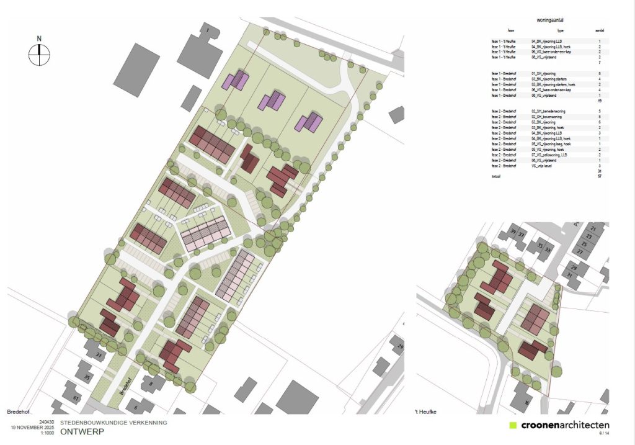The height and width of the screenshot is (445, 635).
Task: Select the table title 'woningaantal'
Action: [x=549, y=20]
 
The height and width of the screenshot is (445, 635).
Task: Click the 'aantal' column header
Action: [x=600, y=30]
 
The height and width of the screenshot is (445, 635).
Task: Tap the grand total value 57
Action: [x=600, y=176]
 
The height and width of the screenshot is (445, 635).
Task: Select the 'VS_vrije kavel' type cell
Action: [x=544, y=166]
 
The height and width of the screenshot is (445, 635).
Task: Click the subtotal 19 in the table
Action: [x=600, y=101]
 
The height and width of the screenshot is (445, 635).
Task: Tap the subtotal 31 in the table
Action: [x=600, y=171]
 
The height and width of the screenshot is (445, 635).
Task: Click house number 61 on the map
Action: [x=76, y=398]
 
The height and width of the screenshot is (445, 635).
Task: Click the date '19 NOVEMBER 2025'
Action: [x=30, y=428]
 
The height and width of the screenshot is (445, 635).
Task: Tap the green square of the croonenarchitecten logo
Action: [x=512, y=426]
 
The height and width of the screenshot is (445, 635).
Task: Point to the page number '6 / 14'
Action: [x=603, y=433]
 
